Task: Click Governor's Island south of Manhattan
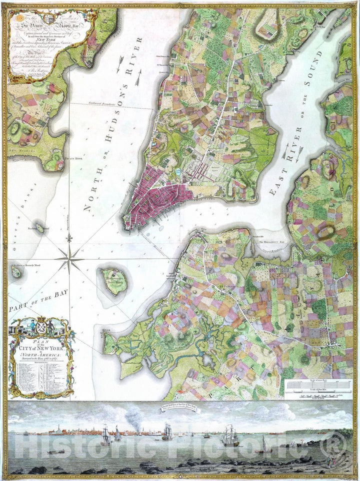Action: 114,281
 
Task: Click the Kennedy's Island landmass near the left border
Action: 16,271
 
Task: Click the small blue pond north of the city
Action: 178,172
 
